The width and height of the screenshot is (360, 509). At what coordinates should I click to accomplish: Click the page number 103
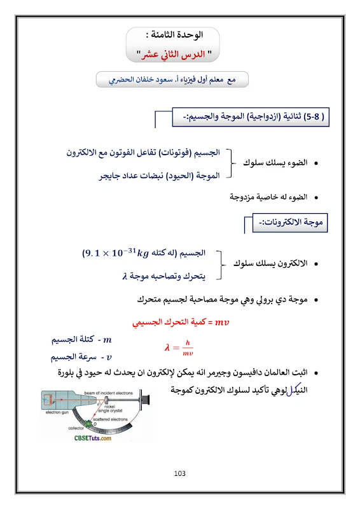tap(179, 473)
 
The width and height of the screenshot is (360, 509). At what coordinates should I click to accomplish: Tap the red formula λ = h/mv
tap(179, 346)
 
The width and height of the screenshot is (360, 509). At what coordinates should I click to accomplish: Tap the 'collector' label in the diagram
tap(60, 428)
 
